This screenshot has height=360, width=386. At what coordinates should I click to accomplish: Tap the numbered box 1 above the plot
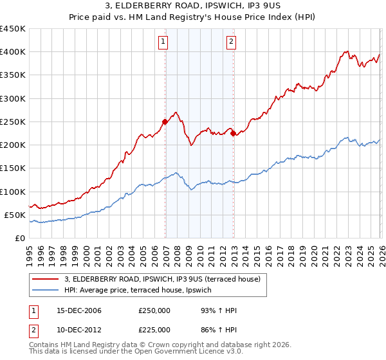point(164,42)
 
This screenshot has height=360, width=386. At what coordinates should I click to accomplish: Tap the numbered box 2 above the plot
point(231,42)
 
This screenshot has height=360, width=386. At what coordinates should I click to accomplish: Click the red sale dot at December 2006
point(165,122)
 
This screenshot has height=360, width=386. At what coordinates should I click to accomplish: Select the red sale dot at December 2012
point(234,134)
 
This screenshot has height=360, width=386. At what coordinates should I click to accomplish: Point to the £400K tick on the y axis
point(13,52)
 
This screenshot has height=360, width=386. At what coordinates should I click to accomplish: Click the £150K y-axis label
point(13,168)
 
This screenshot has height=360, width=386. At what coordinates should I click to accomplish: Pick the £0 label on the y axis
point(19,239)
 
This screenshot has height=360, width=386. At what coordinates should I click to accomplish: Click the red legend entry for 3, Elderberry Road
point(162,279)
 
